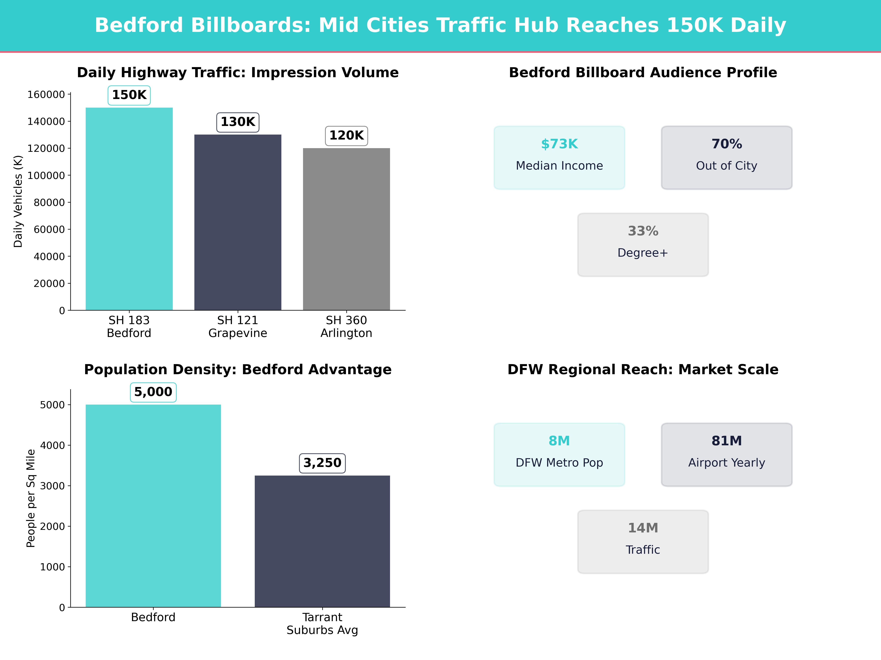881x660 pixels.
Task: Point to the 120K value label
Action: click(x=347, y=136)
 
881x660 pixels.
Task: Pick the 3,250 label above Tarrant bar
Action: click(x=322, y=463)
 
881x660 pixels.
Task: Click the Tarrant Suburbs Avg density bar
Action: click(x=322, y=541)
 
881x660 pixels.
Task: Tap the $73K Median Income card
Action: click(x=559, y=157)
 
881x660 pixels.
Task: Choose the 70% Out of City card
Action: click(x=726, y=157)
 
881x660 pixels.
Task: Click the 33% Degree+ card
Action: click(x=643, y=245)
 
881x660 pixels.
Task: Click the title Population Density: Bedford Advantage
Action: click(x=238, y=370)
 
